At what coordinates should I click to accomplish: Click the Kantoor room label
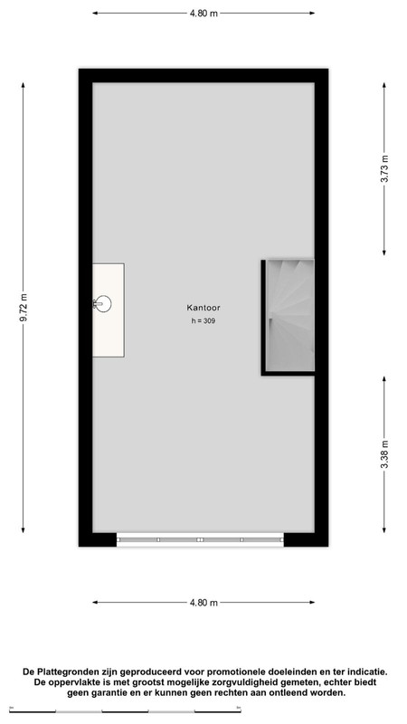point(203,307)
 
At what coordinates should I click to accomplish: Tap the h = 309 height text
point(203,321)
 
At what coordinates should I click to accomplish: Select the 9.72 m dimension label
point(24,308)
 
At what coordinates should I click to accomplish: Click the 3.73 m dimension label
point(384,168)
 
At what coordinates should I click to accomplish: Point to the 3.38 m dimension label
point(384,454)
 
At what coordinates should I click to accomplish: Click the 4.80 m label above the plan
point(203,14)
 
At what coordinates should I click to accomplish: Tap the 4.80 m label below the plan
point(203,603)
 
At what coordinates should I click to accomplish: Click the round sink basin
point(103,303)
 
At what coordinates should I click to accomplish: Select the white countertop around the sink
point(109,310)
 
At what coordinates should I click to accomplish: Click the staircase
point(290,315)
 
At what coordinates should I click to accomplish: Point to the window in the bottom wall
point(200,539)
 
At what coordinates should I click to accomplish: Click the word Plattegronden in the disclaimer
point(66,672)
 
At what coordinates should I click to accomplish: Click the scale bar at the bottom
point(125,711)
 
